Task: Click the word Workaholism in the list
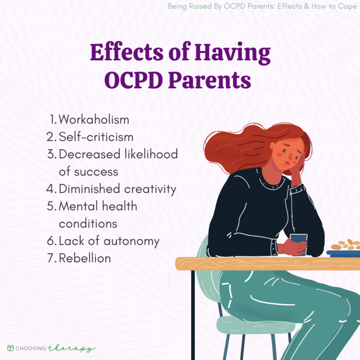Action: (x=94, y=120)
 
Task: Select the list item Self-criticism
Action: (x=96, y=137)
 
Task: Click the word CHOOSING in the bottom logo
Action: (x=32, y=349)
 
